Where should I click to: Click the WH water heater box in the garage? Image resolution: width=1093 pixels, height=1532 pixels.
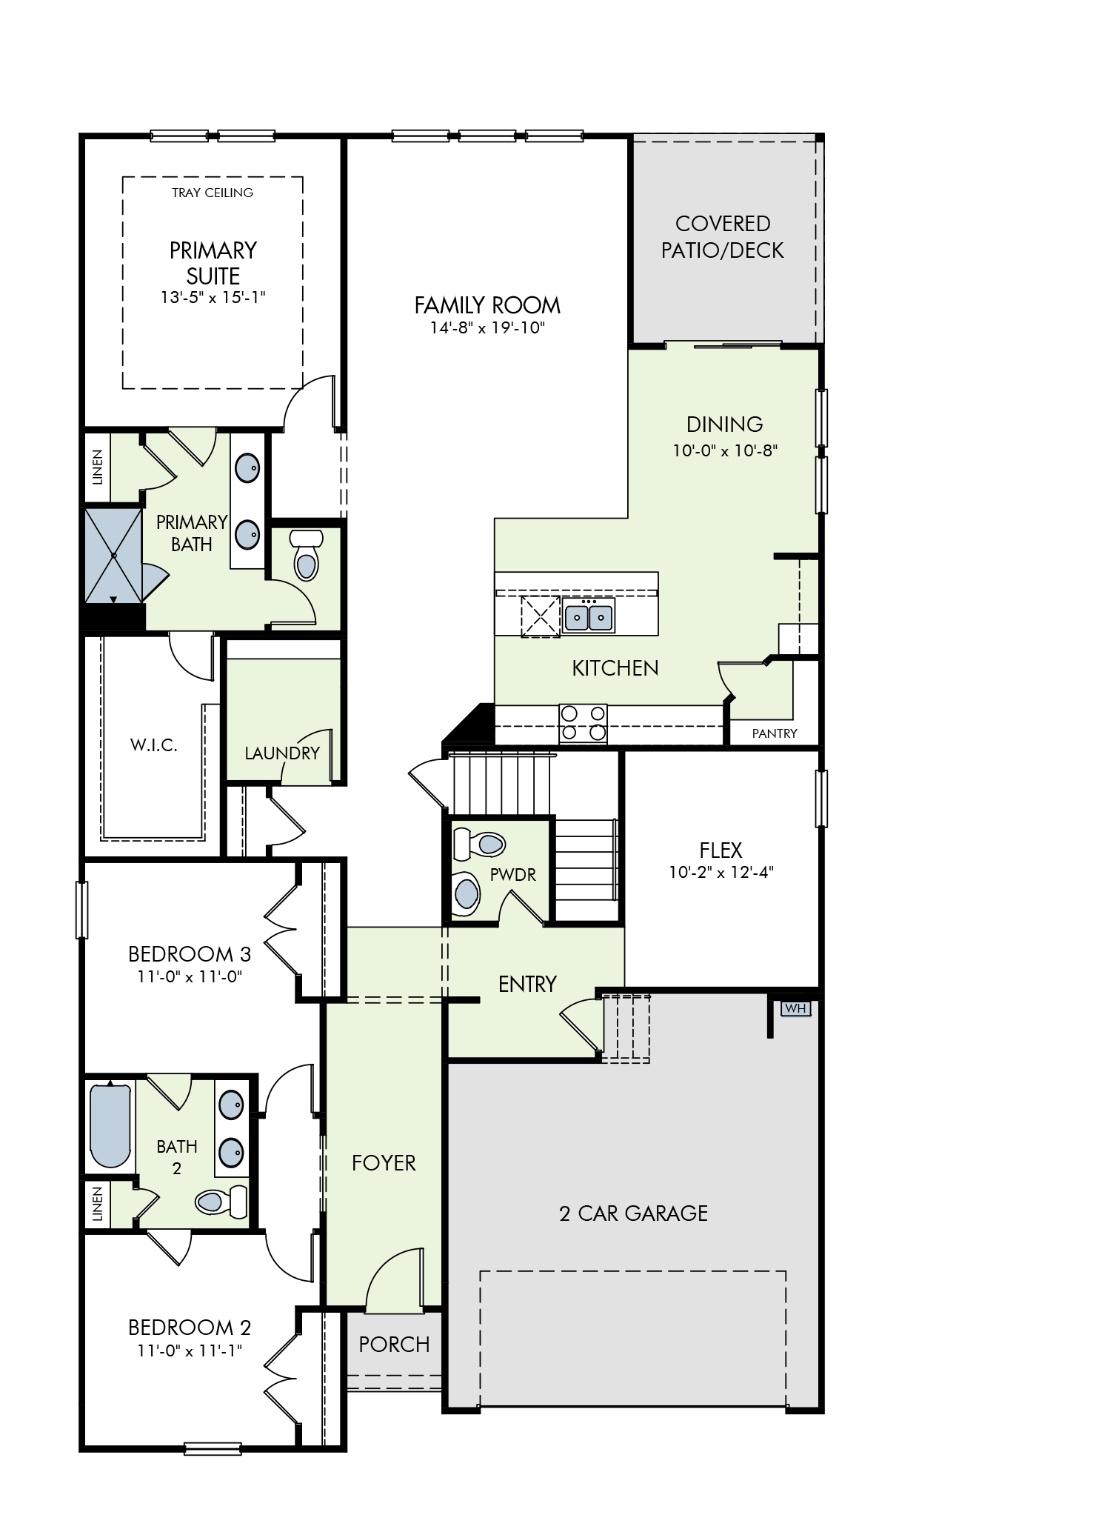(795, 1008)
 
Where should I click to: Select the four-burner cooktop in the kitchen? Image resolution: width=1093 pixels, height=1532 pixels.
(583, 724)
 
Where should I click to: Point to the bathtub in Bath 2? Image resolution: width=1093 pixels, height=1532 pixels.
(110, 1126)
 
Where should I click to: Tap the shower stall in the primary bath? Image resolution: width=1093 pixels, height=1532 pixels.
(113, 555)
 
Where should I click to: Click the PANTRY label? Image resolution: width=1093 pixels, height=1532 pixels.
(775, 733)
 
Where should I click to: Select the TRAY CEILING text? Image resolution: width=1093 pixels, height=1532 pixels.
(213, 193)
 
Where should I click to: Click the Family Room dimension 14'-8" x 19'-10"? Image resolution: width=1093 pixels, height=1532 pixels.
(487, 327)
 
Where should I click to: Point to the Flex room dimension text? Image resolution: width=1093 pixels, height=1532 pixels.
(721, 872)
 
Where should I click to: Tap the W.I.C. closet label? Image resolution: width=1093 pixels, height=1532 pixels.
(154, 745)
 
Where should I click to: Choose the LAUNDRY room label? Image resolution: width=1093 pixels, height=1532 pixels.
(282, 753)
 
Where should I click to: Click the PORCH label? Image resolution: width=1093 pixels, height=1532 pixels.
(394, 1345)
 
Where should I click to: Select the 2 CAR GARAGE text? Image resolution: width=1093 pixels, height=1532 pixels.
(634, 1213)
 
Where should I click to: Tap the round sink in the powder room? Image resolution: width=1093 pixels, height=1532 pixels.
(467, 891)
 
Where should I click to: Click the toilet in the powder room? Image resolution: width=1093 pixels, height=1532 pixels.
(479, 844)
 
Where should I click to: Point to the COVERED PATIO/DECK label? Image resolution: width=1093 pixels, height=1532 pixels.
(723, 237)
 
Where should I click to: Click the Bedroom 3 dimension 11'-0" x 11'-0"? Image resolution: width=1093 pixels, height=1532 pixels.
(190, 976)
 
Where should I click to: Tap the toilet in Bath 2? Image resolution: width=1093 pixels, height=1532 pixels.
(221, 1201)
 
